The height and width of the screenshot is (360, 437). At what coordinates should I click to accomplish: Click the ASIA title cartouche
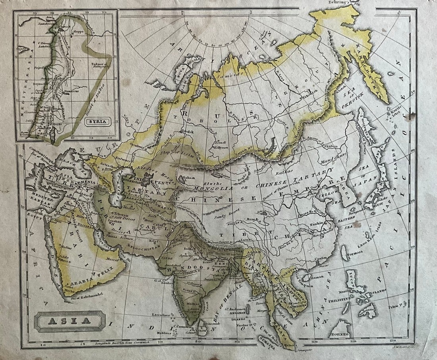pos(70,321)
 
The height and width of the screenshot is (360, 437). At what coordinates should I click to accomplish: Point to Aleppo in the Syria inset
pos(78,31)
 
